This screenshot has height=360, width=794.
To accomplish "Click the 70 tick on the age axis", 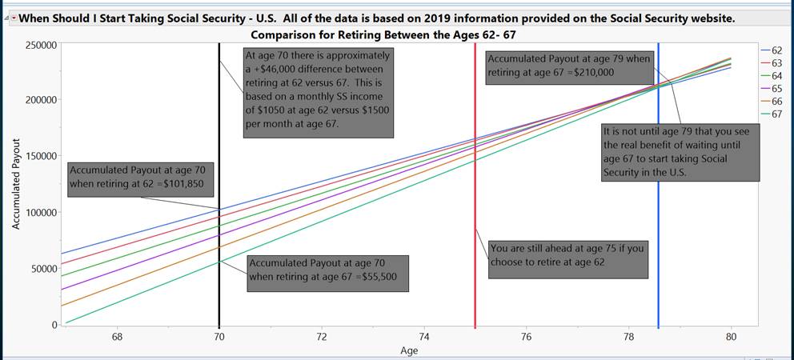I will pyautogui.click(x=219, y=337).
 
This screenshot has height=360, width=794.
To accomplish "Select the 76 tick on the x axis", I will pyautogui.click(x=526, y=337).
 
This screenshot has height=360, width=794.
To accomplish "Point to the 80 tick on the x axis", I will pyautogui.click(x=731, y=337).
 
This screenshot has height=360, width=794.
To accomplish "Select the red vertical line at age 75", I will pyautogui.click(x=475, y=200).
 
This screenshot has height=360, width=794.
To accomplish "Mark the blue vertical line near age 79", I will pyautogui.click(x=659, y=240).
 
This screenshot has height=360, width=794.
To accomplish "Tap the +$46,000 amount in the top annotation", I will pyautogui.click(x=279, y=70).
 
